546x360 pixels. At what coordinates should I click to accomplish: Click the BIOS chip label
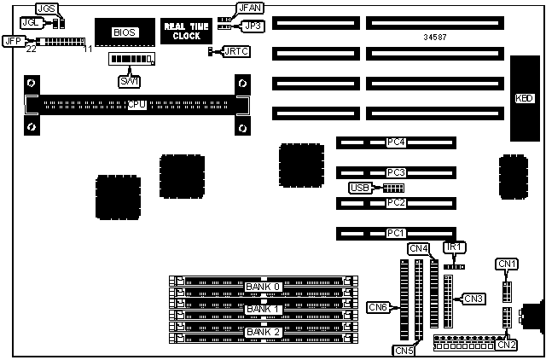pos(124,32)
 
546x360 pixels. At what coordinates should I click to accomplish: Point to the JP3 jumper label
pos(253,26)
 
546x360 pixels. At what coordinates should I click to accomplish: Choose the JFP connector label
pos(13,40)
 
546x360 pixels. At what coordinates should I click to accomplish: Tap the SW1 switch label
pos(129,79)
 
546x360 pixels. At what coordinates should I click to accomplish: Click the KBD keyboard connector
pos(526,98)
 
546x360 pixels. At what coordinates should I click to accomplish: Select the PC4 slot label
pos(395,142)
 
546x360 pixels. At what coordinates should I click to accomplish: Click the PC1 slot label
pos(395,232)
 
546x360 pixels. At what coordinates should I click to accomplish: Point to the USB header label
pos(360,188)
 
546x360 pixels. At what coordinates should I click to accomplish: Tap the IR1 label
pos(454,247)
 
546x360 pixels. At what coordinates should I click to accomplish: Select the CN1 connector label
pos(507,264)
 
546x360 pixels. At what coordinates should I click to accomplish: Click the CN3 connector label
pos(473,298)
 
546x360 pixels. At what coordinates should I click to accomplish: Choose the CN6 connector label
pos(378,306)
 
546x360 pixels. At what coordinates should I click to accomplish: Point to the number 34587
pos(436,38)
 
